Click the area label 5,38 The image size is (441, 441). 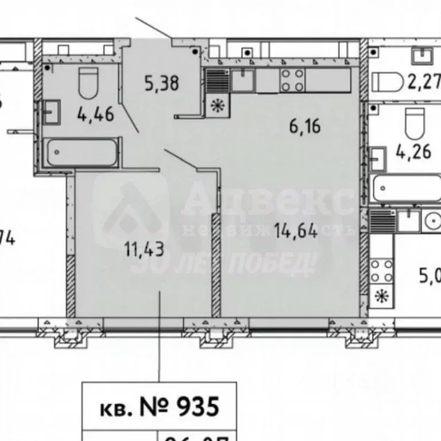(162, 84)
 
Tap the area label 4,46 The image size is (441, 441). (95, 113)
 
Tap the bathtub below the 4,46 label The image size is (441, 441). (83, 153)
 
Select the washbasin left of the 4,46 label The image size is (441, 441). (52, 110)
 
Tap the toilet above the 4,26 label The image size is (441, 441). (415, 121)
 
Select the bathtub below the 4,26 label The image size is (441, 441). (407, 188)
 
